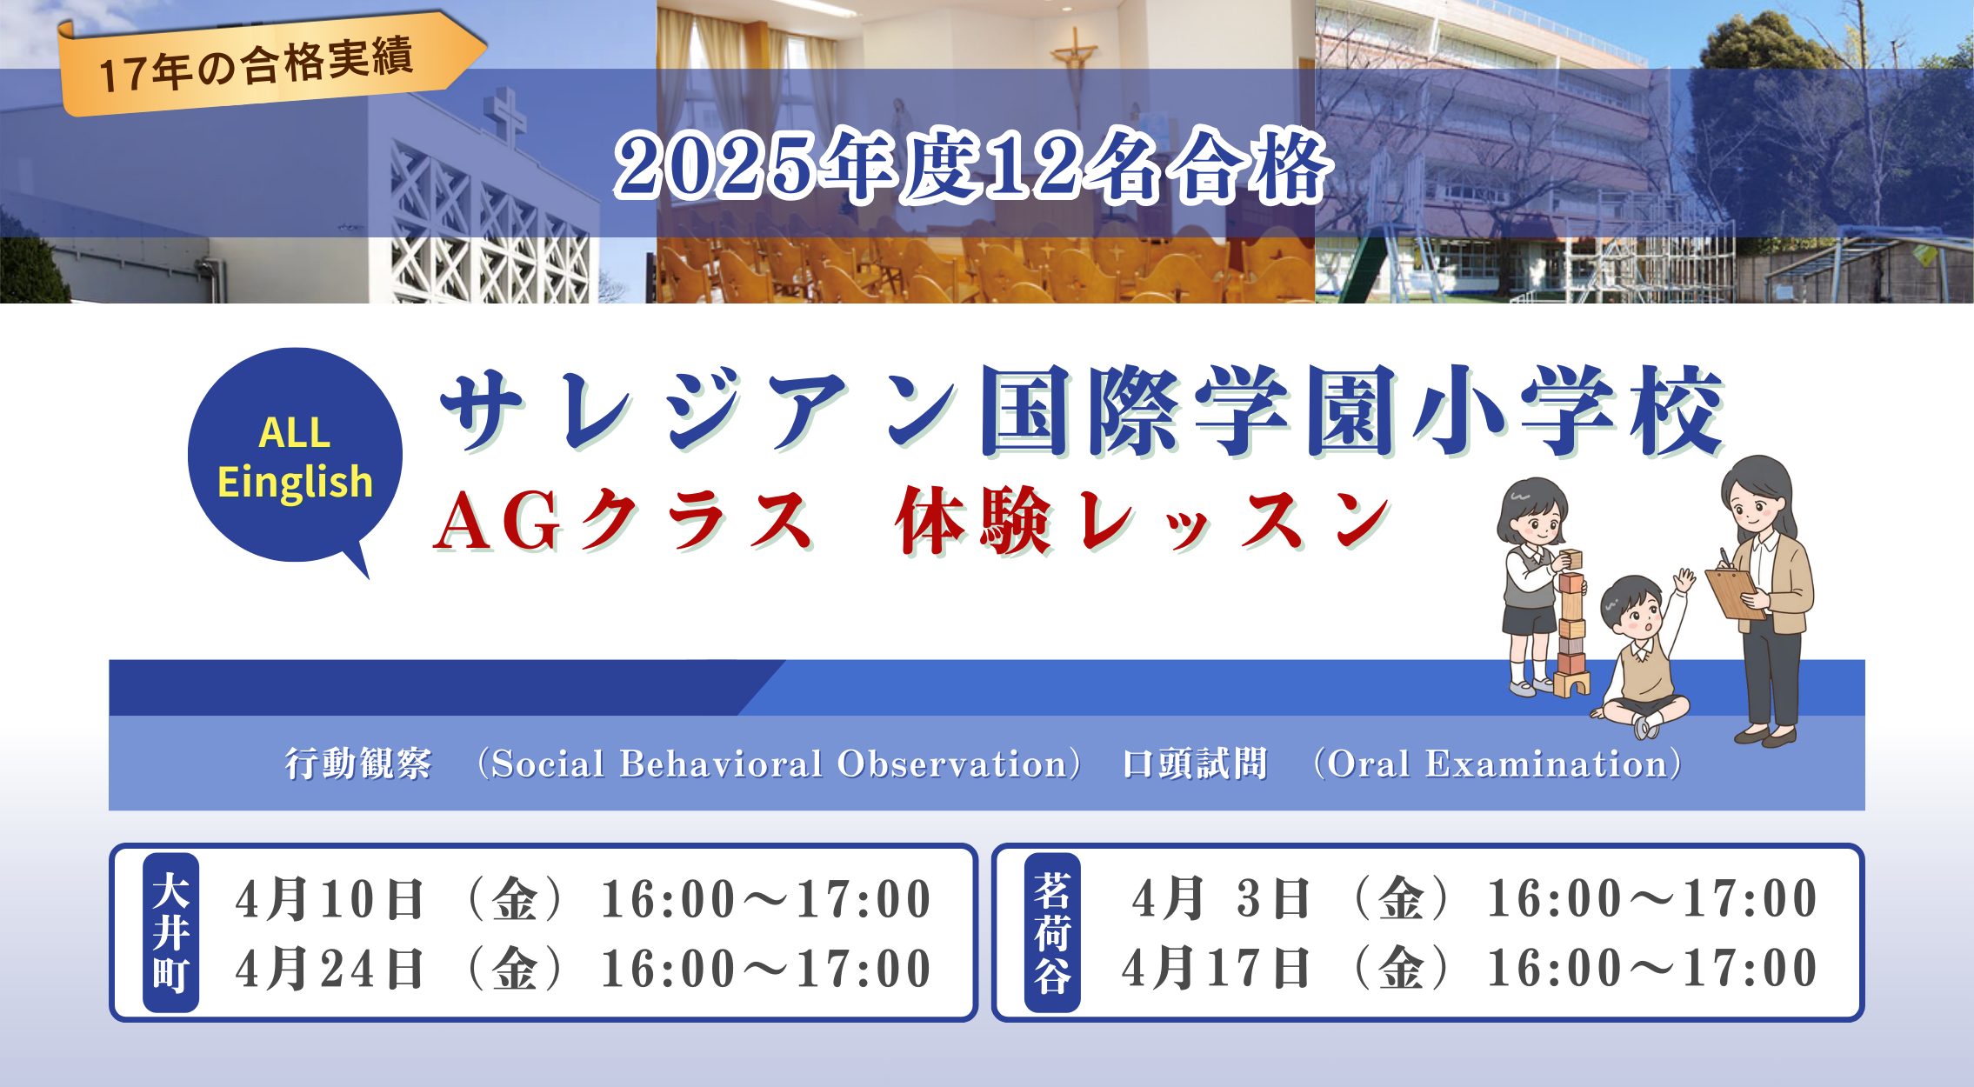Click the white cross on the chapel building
[505, 117]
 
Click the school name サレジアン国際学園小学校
[1082, 410]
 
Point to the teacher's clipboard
[1735, 593]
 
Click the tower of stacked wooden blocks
[1571, 623]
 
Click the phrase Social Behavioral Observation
[779, 764]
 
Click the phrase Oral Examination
[1497, 764]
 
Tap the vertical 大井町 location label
[170, 932]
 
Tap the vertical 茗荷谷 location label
[1052, 932]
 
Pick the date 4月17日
[1216, 968]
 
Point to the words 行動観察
[358, 764]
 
